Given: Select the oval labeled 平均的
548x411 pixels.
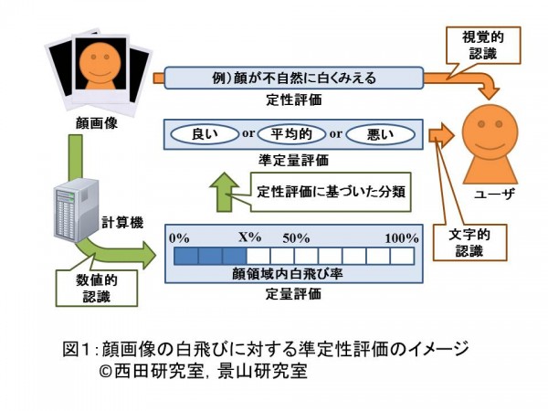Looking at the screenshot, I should [x=292, y=134].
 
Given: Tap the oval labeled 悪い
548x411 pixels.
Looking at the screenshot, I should [x=381, y=134].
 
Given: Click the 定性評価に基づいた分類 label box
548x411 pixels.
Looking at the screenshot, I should [x=330, y=192].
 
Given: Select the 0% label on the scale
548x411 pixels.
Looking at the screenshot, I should [x=179, y=237].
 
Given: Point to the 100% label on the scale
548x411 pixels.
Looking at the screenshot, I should [x=400, y=237].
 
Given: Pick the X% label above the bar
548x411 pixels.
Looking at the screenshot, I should [x=249, y=237].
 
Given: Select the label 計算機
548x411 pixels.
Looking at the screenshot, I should [x=120, y=222].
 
